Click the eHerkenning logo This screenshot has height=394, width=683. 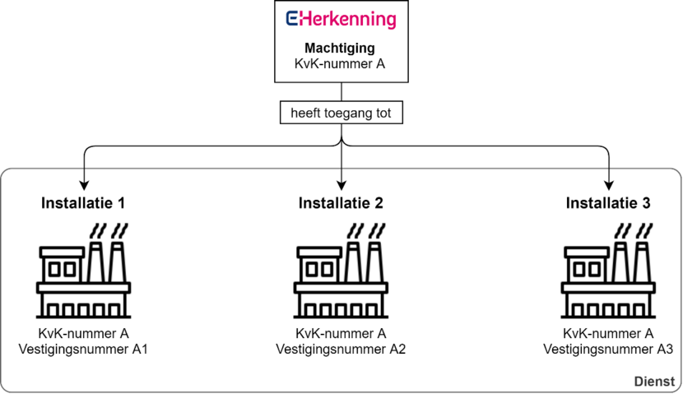341,20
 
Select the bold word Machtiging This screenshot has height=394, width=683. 340,48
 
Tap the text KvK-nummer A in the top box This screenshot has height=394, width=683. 340,63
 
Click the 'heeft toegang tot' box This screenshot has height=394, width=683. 341,113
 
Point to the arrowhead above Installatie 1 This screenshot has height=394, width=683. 84,185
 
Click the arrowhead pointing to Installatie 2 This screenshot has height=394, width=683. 341,185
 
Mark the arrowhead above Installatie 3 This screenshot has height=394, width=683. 608,185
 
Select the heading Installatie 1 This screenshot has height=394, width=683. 83,203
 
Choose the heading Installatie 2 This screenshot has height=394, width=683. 341,203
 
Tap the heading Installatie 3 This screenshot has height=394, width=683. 608,203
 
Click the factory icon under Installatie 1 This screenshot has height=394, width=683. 83,271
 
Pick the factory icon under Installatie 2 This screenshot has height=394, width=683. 341,271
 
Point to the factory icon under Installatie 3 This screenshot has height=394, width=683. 608,271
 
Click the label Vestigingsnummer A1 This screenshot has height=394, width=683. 83,349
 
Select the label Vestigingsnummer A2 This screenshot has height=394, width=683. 341,349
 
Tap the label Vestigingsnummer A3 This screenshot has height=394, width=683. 608,349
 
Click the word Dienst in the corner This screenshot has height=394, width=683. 655,382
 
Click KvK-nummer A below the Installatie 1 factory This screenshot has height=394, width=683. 83,333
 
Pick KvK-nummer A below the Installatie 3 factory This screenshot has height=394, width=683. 608,333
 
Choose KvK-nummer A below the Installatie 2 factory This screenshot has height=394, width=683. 341,333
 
